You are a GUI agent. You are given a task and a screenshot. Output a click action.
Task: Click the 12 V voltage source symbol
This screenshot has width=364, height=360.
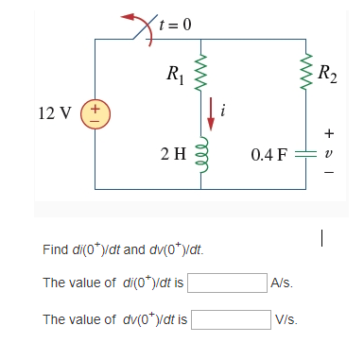click(95, 114)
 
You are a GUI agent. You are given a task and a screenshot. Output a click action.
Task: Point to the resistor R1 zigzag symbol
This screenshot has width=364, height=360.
click(199, 72)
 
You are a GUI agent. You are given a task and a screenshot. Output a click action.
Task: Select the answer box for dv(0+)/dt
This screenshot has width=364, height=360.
click(232, 319)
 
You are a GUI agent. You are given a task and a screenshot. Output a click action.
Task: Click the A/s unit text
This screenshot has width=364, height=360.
click(282, 283)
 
